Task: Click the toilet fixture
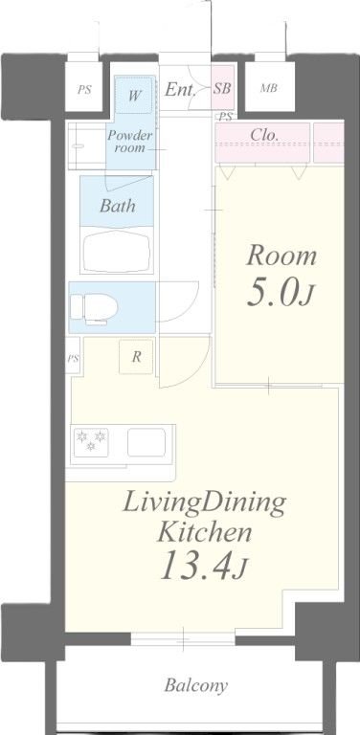[x=93, y=308]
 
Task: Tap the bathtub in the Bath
[x=116, y=251]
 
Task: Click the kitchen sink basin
[x=146, y=442]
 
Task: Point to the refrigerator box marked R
[x=136, y=357]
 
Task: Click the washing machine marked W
[x=134, y=96]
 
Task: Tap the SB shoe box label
[x=222, y=88]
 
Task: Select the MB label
[x=269, y=88]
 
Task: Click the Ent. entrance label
[x=180, y=89]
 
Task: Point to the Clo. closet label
[x=264, y=135]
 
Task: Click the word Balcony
[x=196, y=686]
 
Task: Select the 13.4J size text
[x=203, y=566]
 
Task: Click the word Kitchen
[x=205, y=532]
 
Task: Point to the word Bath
[x=117, y=206]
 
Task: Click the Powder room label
[x=130, y=142]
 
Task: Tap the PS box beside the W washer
[x=84, y=90]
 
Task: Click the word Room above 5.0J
[x=281, y=256]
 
